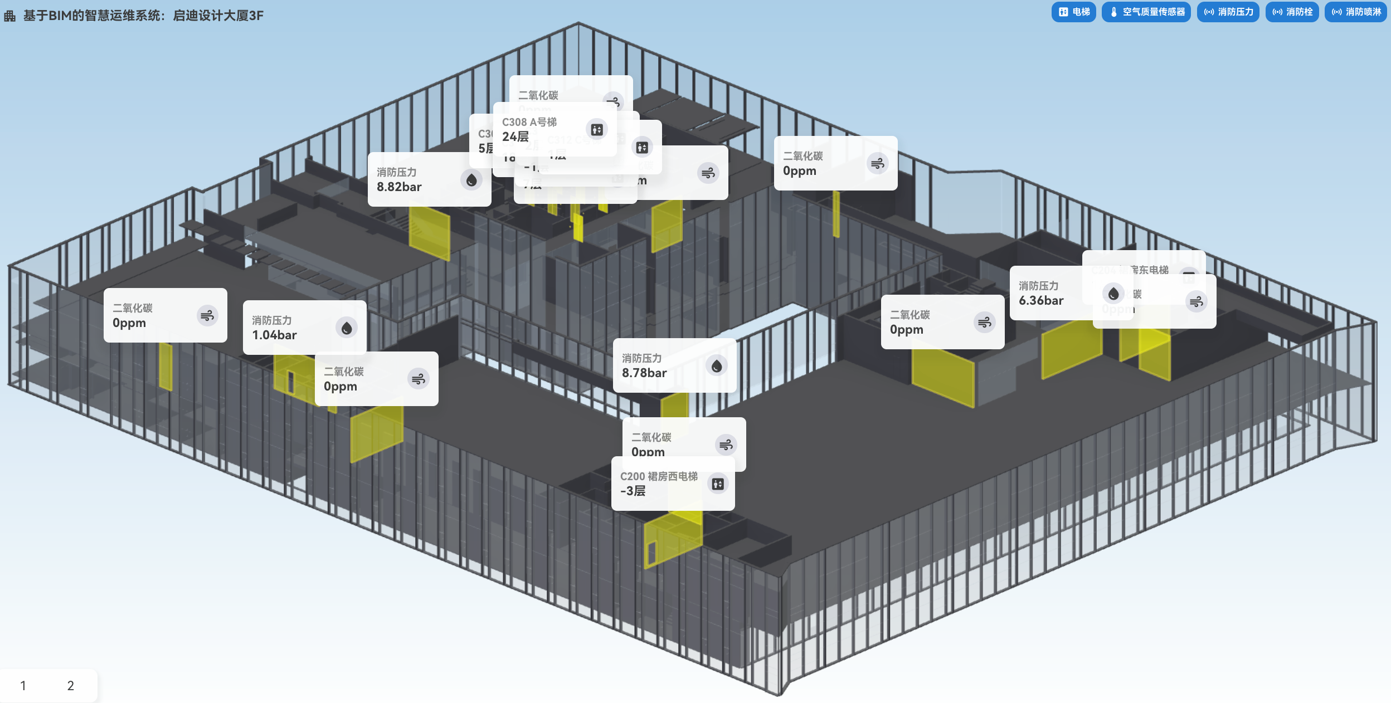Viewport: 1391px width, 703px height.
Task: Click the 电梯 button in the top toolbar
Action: tap(1073, 12)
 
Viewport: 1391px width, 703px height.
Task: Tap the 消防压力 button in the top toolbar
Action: tap(1228, 12)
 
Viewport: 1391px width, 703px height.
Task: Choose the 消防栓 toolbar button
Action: tap(1292, 12)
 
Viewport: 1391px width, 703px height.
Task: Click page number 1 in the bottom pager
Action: tap(23, 686)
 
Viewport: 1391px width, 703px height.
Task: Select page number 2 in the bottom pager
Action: tap(70, 686)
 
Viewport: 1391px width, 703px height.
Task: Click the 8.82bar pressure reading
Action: tap(399, 187)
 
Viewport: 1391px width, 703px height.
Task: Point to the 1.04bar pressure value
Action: tap(274, 335)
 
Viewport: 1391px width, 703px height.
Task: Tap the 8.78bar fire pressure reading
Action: tap(644, 373)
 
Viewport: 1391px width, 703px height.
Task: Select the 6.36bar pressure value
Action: tap(1041, 301)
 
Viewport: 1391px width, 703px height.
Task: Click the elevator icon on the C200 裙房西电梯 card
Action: tap(718, 484)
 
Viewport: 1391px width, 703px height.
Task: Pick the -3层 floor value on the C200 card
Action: tap(633, 491)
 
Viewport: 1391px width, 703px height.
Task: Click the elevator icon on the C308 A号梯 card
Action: tap(597, 130)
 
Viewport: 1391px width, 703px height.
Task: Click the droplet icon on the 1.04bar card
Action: tap(347, 328)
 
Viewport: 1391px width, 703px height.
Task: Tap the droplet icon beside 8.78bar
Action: tap(717, 366)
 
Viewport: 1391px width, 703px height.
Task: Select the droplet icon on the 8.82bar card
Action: tap(471, 180)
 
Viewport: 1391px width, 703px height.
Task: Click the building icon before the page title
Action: tap(10, 16)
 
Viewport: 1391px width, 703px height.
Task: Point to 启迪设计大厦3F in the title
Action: tap(218, 16)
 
